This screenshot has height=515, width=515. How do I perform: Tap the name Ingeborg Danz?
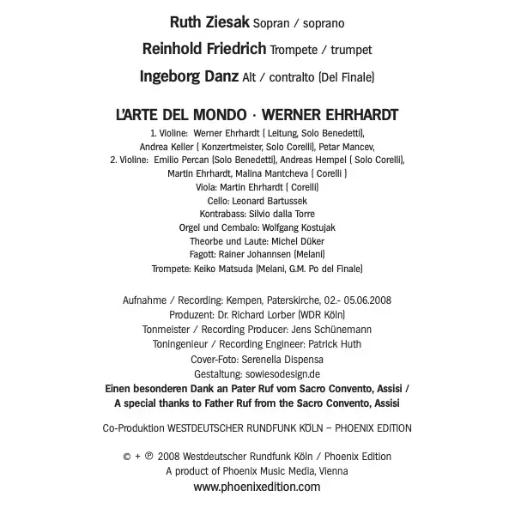point(189,77)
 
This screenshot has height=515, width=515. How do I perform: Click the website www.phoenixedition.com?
point(257,487)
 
